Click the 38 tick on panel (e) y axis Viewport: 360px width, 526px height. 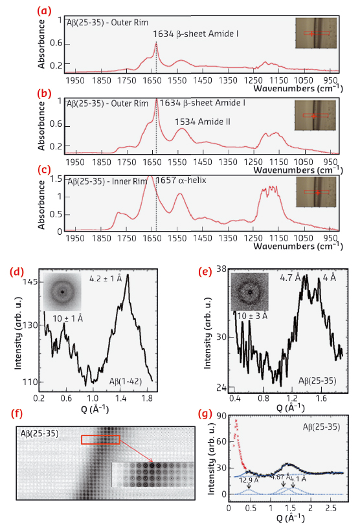tap(221, 268)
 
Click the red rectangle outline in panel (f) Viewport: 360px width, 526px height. tap(100, 440)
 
